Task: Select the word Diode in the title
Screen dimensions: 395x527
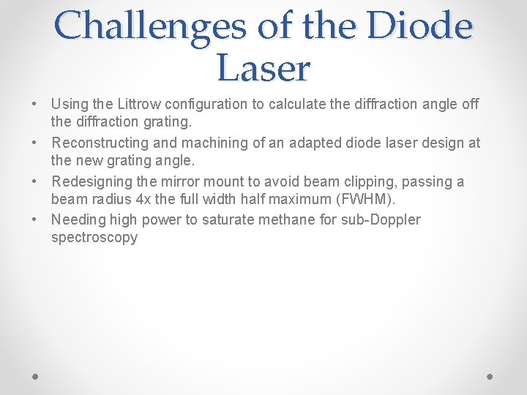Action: pos(420,26)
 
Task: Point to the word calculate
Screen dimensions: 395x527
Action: pos(297,104)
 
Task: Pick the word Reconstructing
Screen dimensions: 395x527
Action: pos(100,143)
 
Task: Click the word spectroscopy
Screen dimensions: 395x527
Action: pos(94,238)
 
